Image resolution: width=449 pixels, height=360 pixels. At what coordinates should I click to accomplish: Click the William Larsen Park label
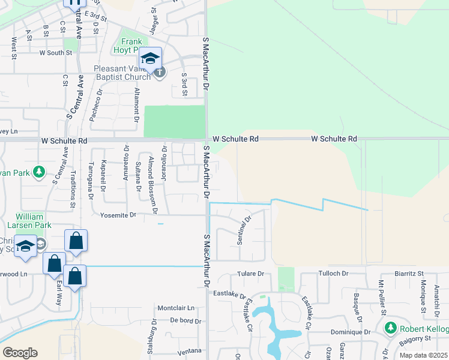click(29, 221)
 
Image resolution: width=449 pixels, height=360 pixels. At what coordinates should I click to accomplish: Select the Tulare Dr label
click(252, 274)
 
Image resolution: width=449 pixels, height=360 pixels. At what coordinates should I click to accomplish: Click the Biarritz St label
click(409, 274)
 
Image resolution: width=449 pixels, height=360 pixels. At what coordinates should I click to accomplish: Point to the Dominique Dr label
click(350, 332)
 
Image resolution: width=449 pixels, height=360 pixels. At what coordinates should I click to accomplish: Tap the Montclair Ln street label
click(176, 308)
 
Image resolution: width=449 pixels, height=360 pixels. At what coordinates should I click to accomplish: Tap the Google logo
click(20, 353)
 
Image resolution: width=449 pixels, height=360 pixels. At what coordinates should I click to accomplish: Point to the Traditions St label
click(73, 188)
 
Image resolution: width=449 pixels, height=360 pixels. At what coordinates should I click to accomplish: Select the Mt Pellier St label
click(381, 297)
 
